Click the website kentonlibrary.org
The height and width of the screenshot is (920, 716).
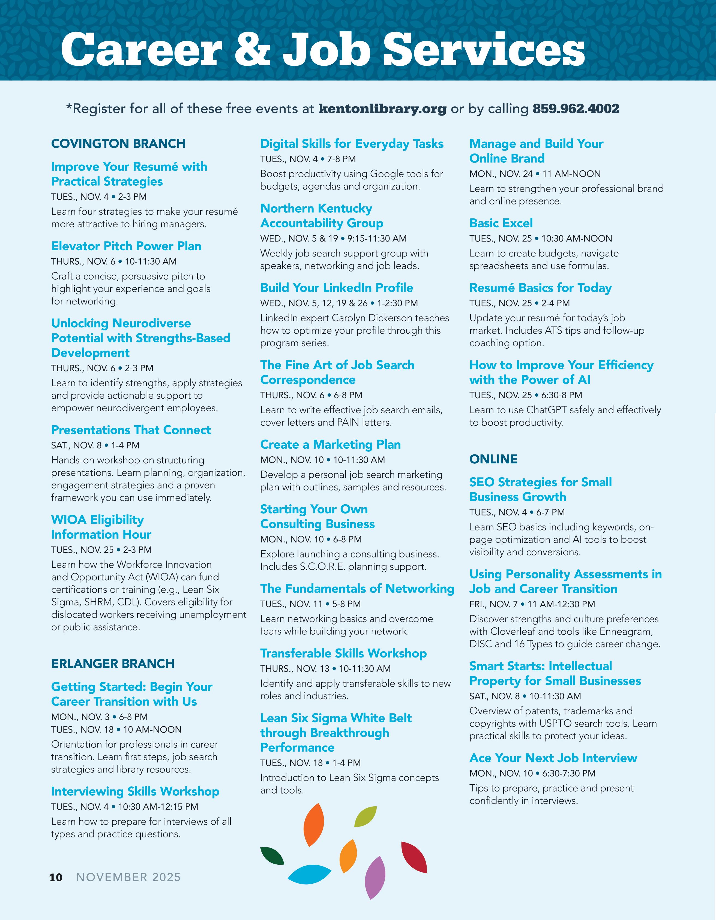[382, 109]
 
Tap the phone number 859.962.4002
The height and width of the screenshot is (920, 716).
[576, 109]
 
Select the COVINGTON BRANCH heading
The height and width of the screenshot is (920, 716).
[118, 144]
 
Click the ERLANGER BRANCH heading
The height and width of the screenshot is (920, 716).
[113, 663]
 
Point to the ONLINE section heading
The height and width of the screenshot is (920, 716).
[493, 459]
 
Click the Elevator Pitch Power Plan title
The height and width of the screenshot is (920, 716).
[126, 246]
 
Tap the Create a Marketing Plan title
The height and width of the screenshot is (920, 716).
[330, 444]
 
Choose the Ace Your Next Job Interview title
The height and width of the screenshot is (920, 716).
[553, 758]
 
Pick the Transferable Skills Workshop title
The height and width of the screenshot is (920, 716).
[343, 653]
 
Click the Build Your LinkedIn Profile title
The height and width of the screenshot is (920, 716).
[336, 288]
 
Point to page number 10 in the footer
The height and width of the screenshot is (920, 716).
[56, 877]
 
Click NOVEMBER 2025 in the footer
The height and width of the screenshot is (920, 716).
[128, 877]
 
